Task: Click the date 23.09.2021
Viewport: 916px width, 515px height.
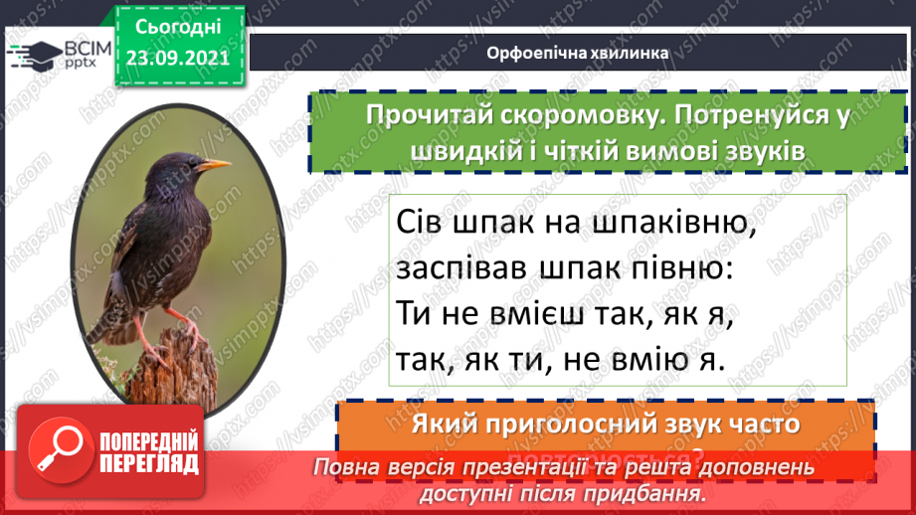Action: pos(180,56)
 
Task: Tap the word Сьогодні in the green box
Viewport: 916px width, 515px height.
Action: pos(180,24)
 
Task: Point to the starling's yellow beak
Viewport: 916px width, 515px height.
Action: pos(214,164)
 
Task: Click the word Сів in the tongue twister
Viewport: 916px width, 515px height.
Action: pos(421,226)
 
